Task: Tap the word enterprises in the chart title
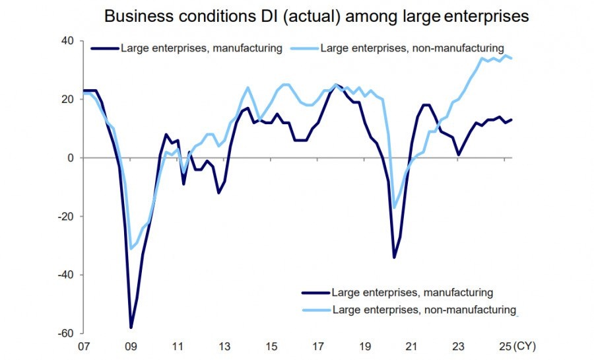pos(488,17)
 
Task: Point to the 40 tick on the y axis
pos(66,41)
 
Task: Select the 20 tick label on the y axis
pos(66,99)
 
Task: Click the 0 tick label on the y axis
pos(69,158)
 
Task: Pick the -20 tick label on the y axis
pos(65,216)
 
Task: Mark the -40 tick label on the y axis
pos(65,275)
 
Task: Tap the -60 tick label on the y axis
pos(65,333)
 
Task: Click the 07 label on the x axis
pos(84,346)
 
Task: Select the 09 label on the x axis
pos(131,346)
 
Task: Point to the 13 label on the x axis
pos(225,346)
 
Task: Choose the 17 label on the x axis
pos(319,346)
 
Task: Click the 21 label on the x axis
pos(412,346)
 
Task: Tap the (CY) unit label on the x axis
pos(526,346)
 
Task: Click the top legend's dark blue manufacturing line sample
pos(104,48)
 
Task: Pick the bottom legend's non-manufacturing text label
pos(424,309)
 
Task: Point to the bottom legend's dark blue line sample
pos(315,292)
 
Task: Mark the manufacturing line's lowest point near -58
pos(131,327)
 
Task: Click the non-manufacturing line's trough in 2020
pos(395,207)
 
